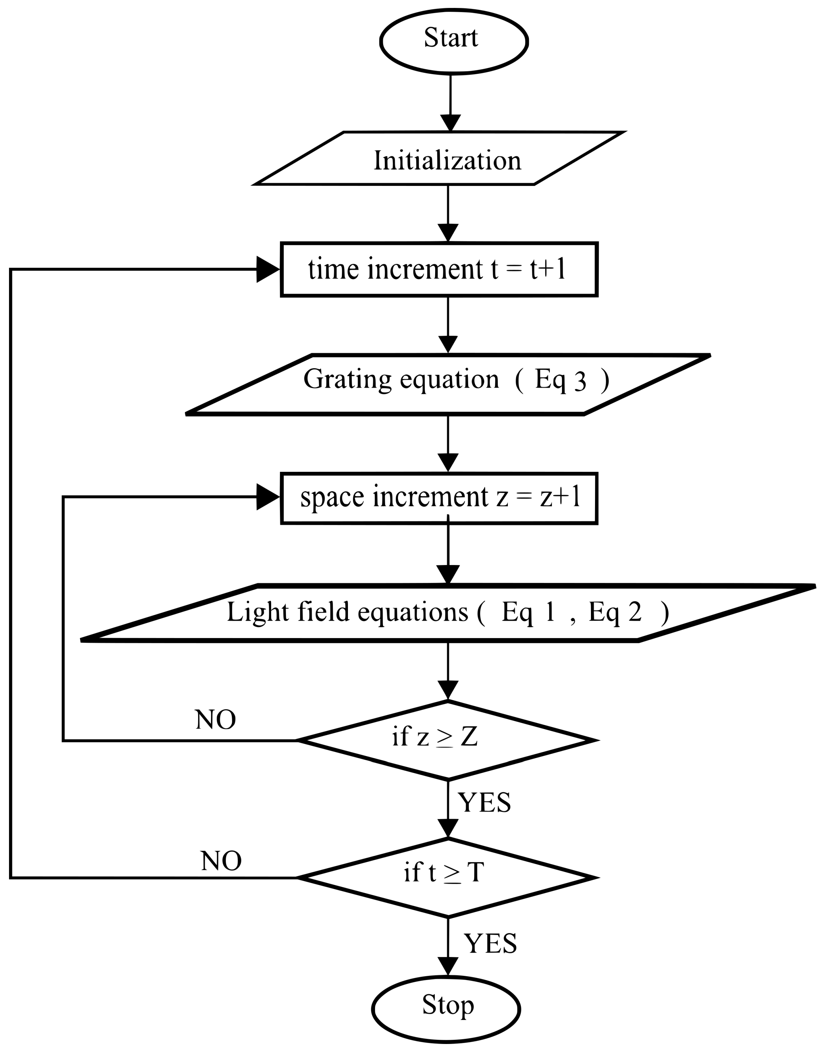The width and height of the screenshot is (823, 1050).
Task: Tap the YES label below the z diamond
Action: (x=484, y=803)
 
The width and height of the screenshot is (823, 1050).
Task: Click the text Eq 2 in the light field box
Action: (x=615, y=612)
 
